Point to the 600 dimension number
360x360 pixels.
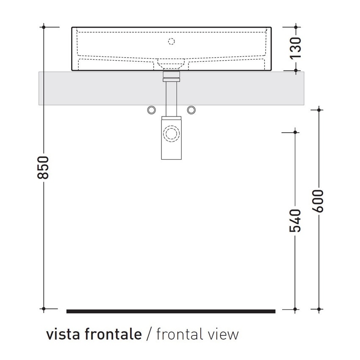(319, 202)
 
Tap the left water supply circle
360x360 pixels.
(151, 110)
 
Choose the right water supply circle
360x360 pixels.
(191, 110)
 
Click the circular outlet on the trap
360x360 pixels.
(172, 134)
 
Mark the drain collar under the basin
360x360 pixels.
(172, 77)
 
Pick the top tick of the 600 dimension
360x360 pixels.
(319, 110)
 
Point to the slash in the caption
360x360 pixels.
(149, 335)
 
